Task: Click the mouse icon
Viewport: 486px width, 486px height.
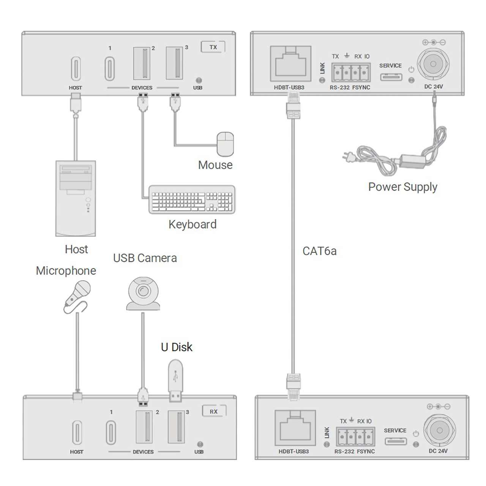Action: [x=225, y=144]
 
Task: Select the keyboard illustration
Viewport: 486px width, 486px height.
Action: [x=192, y=199]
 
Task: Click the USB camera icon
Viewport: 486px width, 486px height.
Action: [x=143, y=293]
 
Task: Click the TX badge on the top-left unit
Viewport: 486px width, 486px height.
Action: [x=213, y=47]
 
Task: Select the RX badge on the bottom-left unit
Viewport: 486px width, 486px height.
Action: [x=214, y=412]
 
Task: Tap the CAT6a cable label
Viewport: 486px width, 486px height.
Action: [x=319, y=251]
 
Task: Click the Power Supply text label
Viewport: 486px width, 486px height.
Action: [x=402, y=187]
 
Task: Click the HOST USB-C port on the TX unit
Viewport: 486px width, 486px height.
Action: [x=76, y=69]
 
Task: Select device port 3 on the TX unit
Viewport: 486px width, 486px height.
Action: [x=175, y=63]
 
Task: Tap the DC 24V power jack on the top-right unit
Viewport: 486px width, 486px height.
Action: [x=433, y=64]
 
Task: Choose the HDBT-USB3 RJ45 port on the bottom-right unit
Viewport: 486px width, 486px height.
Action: [x=295, y=428]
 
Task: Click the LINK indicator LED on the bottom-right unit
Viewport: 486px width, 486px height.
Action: [x=327, y=445]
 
